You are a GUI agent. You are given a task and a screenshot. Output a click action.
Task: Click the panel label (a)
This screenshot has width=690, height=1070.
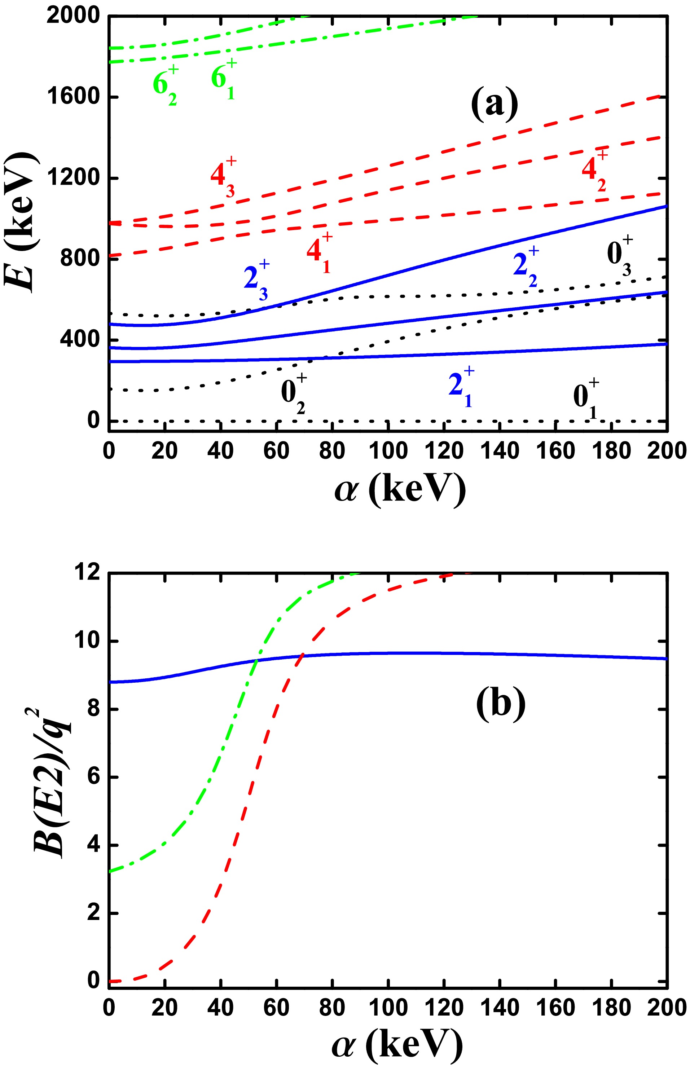coord(494,104)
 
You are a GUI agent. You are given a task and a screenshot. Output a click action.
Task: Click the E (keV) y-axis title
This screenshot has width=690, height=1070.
coord(20,223)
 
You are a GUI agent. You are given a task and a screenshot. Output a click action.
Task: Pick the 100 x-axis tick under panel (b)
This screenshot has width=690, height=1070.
coord(388,1007)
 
